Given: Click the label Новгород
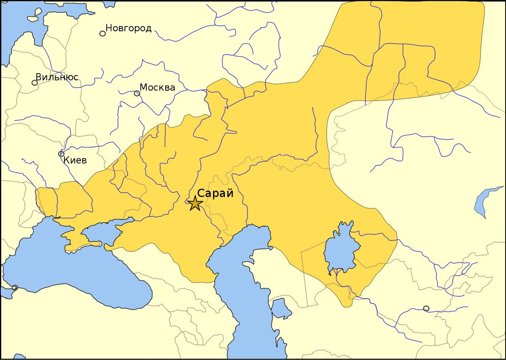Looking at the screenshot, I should point(128,29).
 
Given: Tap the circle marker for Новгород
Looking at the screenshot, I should point(102,33).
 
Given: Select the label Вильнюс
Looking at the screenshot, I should point(57,78).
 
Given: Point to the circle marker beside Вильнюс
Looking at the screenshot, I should point(35,83).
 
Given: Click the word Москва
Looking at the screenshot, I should point(157,88).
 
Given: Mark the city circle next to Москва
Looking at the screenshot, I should point(137,93).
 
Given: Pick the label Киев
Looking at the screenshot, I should point(75,160).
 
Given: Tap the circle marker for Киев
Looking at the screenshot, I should point(61,154).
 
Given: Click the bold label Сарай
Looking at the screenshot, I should point(215,193).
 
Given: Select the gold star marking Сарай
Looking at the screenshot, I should point(195,203).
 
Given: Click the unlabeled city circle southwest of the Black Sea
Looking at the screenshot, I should point(15,287).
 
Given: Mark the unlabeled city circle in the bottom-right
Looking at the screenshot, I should point(426,308).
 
